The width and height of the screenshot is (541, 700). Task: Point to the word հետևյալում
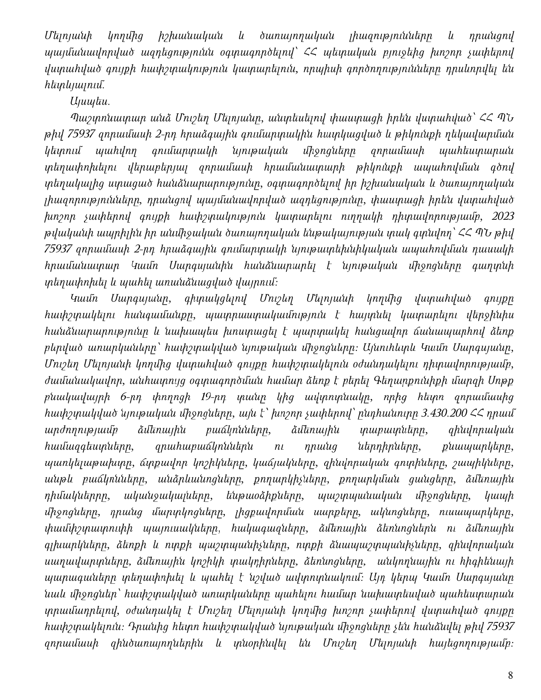[73, 85]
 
